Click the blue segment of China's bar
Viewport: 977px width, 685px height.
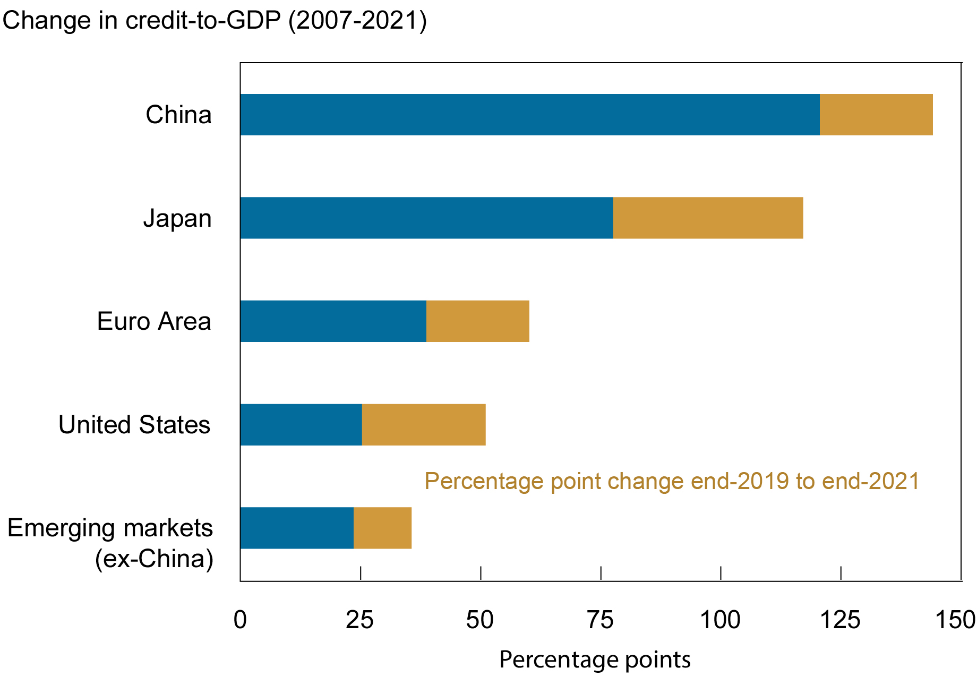click(x=529, y=115)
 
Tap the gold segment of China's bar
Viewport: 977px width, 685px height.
click(x=876, y=115)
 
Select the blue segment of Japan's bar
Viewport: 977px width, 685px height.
click(x=426, y=218)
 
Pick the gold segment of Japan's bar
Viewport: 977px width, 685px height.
click(x=708, y=218)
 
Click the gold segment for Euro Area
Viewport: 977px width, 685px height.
click(x=477, y=321)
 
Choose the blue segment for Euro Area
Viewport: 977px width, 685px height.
click(x=333, y=321)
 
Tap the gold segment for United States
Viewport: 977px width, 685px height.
click(x=423, y=425)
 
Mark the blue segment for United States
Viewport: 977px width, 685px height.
click(x=301, y=425)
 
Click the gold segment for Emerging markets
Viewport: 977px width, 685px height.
click(x=382, y=528)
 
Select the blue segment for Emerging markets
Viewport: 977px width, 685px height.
click(x=297, y=528)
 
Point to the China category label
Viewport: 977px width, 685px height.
click(x=178, y=115)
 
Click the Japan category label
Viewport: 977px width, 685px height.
click(x=177, y=218)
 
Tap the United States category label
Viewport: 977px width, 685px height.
click(x=134, y=425)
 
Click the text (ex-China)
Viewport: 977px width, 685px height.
click(x=154, y=559)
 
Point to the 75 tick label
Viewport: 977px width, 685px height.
click(x=600, y=620)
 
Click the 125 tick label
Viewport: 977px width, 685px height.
click(x=840, y=620)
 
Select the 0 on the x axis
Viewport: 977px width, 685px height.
click(x=240, y=620)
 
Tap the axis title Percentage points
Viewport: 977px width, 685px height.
click(x=595, y=660)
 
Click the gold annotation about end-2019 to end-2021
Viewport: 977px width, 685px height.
click(x=672, y=481)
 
